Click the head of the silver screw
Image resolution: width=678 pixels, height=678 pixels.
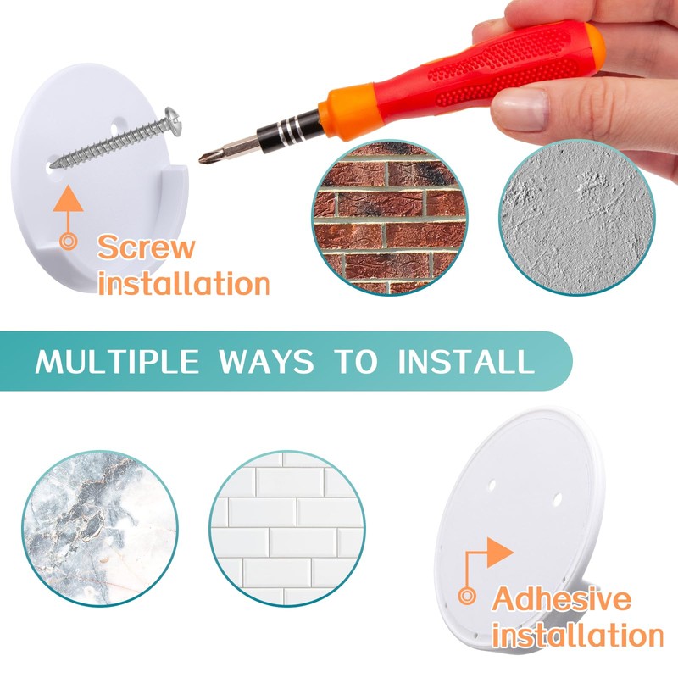coord(174,121)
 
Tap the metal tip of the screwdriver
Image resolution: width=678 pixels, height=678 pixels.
coord(203,158)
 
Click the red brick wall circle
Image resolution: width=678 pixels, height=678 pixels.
coord(390,218)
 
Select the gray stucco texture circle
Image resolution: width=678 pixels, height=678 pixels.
coord(577,218)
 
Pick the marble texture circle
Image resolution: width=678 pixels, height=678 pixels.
coord(100,528)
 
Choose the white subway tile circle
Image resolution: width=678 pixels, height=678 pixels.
coord(287,528)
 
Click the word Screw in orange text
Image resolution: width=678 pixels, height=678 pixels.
coord(146,247)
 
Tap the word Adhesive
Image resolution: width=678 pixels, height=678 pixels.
coord(561,599)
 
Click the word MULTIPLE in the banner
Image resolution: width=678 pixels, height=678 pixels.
coord(117,361)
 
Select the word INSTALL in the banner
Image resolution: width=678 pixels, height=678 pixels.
coord(467,361)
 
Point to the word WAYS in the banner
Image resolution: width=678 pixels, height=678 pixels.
coord(266,361)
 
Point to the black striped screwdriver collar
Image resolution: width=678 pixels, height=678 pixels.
coord(289,130)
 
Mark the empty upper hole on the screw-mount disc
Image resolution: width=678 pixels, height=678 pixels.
coord(114,129)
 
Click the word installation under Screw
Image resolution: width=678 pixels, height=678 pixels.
coord(184,284)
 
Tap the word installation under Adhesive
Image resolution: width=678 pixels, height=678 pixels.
coord(577,635)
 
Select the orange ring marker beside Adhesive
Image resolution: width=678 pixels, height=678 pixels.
coord(467,597)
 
